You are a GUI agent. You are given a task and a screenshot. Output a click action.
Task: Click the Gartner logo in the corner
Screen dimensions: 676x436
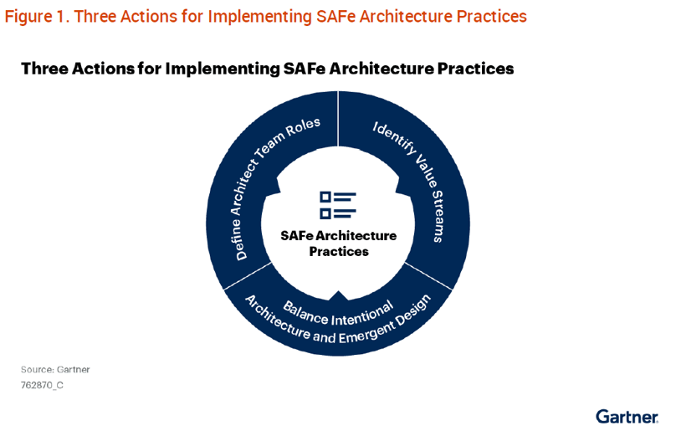(x=627, y=417)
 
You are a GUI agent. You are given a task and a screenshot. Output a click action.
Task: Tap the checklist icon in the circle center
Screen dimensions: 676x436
(x=338, y=205)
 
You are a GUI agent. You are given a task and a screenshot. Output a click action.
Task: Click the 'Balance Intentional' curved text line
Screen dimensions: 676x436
(x=338, y=314)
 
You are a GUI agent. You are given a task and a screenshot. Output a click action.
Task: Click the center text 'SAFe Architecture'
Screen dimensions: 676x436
(x=339, y=236)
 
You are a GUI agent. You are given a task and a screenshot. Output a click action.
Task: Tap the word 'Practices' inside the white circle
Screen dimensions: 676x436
(x=339, y=251)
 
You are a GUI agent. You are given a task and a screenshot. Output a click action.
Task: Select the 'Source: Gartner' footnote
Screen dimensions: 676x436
(x=55, y=370)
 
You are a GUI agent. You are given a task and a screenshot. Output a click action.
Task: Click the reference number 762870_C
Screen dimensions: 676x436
(x=42, y=385)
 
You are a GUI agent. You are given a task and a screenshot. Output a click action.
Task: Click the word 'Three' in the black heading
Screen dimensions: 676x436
(x=44, y=69)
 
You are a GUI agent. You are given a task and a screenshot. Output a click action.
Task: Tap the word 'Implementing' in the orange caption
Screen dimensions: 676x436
(x=260, y=18)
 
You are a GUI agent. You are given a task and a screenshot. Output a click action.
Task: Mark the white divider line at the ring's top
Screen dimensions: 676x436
(x=338, y=119)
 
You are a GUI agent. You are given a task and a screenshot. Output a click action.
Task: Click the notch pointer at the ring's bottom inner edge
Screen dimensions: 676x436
(x=339, y=295)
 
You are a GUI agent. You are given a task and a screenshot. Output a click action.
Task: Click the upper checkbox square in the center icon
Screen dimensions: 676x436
(x=325, y=197)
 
